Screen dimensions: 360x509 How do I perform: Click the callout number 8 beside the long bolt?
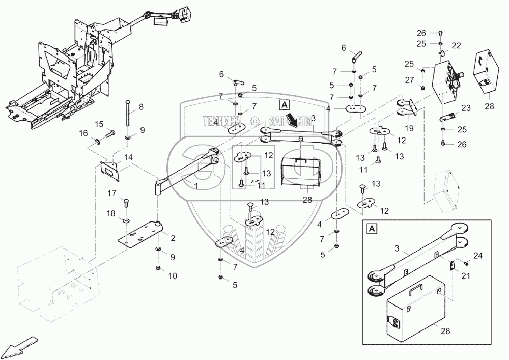(x=141, y=107)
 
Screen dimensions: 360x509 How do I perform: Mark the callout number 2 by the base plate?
(x=174, y=238)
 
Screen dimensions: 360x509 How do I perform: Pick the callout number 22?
(x=456, y=45)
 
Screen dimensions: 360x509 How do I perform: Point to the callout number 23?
(x=467, y=107)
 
